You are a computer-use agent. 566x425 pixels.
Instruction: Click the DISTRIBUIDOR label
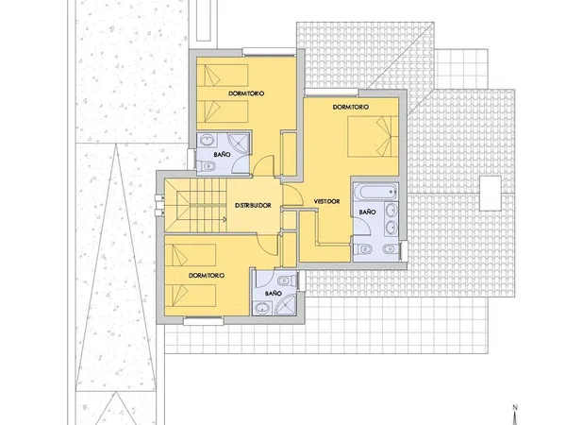coord(253,205)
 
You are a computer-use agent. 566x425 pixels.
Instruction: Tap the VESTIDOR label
coord(326,201)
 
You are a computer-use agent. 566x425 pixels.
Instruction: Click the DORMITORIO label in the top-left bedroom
coord(246,93)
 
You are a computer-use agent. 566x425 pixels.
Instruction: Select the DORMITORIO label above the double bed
coord(351,107)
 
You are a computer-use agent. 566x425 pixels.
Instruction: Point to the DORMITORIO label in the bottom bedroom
coord(207,276)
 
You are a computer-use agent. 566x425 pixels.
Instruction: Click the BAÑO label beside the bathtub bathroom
coord(367,212)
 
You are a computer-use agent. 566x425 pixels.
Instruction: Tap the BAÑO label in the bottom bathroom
coord(274,293)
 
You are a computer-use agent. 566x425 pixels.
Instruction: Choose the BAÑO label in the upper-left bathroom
coord(222,154)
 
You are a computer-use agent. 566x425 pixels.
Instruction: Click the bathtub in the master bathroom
coord(375,191)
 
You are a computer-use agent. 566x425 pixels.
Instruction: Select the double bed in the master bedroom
coord(373,136)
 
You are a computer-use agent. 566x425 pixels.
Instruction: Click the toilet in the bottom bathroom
coord(288,280)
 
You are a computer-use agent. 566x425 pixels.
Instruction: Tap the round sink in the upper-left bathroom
coord(207,140)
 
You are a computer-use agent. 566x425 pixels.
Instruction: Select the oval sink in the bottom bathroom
coord(261,309)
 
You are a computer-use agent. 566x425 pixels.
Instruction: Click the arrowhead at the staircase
coord(225,219)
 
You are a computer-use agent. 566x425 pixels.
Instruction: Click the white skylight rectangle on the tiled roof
coord(491,193)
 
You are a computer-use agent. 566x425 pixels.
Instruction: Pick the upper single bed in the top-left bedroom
coord(223,76)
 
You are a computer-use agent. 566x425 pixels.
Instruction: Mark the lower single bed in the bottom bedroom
coord(191,295)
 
